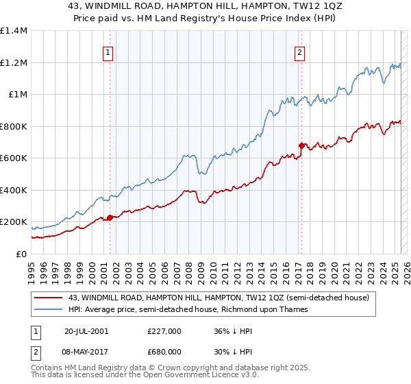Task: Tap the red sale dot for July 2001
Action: pos(110,218)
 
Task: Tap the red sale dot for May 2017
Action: pos(301,145)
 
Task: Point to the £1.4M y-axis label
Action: pos(14,31)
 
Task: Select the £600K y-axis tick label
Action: pos(14,158)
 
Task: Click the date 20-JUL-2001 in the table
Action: pos(88,331)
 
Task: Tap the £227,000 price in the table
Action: pos(164,331)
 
